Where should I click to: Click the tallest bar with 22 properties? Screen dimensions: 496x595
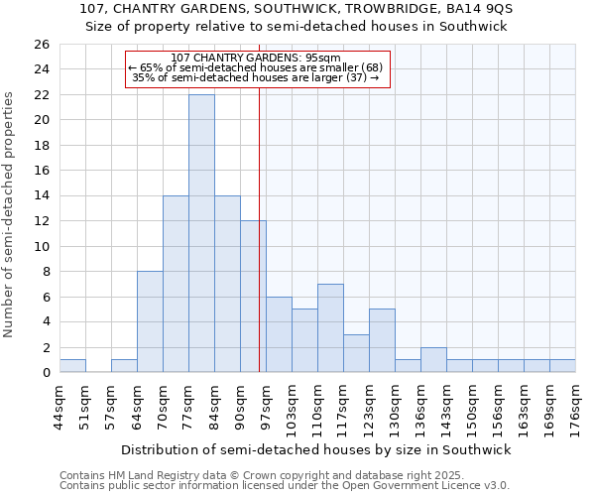point(201,233)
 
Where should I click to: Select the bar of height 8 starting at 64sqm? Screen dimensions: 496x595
point(150,321)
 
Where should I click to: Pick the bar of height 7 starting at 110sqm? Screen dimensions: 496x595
point(330,327)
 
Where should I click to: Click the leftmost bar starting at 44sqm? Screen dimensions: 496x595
point(72,366)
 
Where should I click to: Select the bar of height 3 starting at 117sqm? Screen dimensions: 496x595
point(356,353)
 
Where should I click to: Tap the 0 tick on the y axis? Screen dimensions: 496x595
point(45,373)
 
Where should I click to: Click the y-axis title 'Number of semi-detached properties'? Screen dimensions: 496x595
point(10,214)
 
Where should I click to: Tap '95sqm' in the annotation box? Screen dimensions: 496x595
point(323,58)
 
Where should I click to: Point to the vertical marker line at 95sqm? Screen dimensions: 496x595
point(259,248)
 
